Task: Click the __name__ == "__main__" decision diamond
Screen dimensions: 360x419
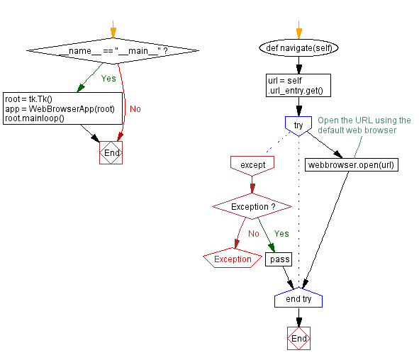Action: coord(113,51)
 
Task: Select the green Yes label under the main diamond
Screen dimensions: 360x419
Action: coord(108,79)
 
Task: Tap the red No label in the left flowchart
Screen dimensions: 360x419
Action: coord(135,109)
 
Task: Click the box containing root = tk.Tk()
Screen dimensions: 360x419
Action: coord(60,108)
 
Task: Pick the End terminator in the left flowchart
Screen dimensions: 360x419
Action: coord(111,152)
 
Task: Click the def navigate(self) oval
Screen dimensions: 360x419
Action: coord(298,49)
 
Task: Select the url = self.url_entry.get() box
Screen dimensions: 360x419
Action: coord(298,86)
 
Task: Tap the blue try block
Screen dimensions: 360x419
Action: coord(298,125)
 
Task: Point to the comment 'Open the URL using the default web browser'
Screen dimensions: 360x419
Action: coord(364,125)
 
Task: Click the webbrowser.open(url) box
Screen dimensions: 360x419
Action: coord(352,165)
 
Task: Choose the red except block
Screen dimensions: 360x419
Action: coord(252,165)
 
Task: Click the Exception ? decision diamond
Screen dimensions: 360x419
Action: coord(252,207)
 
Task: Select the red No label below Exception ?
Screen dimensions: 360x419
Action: coord(253,232)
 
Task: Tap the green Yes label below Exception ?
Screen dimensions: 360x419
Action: coord(281,233)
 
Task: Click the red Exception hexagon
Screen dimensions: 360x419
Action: coord(233,259)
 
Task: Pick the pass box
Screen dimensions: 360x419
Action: coord(279,259)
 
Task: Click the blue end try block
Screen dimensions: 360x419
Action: coord(298,299)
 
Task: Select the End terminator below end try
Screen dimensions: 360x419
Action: coord(298,338)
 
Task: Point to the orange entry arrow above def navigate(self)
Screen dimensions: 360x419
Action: coord(298,33)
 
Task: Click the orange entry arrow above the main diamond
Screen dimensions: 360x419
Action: coord(112,33)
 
